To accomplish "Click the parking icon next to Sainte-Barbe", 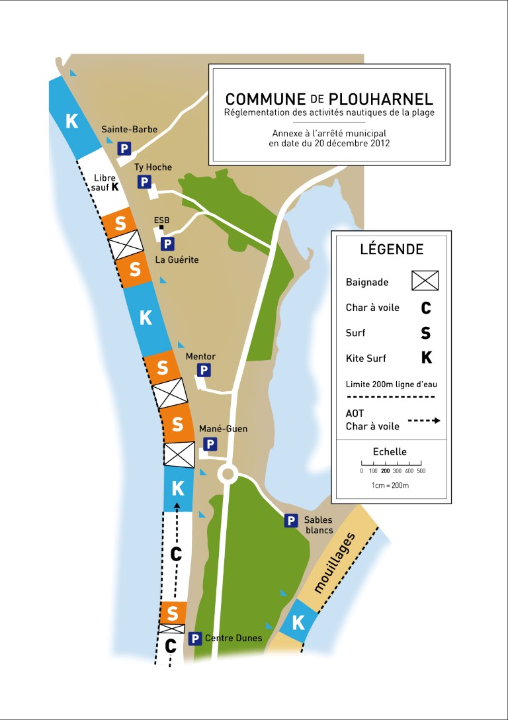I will click(x=124, y=149).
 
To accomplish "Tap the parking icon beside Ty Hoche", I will click(x=144, y=182).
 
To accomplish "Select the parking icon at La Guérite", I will click(x=167, y=244).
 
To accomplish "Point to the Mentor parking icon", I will click(x=204, y=371).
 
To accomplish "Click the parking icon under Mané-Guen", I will click(x=210, y=444).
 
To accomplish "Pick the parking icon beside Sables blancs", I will click(x=290, y=521).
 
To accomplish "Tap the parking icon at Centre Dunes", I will click(x=194, y=639).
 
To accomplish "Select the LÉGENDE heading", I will click(x=392, y=249).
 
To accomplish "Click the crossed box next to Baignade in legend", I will click(x=425, y=280).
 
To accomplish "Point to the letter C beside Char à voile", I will click(x=425, y=308).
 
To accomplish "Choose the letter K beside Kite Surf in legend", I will click(x=426, y=358).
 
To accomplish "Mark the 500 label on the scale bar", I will click(x=421, y=471).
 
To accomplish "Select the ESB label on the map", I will click(x=161, y=220).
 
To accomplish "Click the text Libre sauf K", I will click(x=106, y=183).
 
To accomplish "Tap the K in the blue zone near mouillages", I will click(x=298, y=623).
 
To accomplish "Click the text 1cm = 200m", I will click(x=390, y=485).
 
